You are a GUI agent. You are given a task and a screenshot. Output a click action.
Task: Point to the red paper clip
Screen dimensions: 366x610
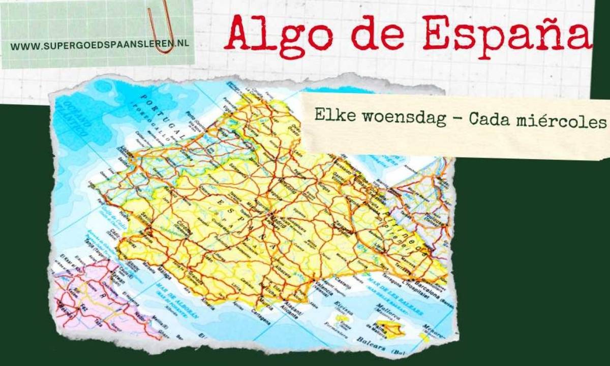pyautogui.click(x=162, y=25)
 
